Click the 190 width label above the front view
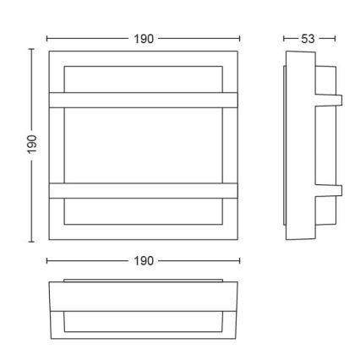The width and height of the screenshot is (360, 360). pyautogui.click(x=144, y=39)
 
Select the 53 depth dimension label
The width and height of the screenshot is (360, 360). pyautogui.click(x=310, y=39)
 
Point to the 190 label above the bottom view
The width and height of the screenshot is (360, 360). pyautogui.click(x=144, y=261)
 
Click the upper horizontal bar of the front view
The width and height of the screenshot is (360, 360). pyautogui.click(x=144, y=100)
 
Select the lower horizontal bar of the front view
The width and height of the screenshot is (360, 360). pyautogui.click(x=144, y=190)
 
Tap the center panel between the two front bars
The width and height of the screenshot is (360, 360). pyautogui.click(x=144, y=145)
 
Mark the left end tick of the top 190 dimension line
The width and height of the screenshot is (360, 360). pyautogui.click(x=47, y=39)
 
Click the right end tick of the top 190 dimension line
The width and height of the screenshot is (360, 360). pyautogui.click(x=240, y=39)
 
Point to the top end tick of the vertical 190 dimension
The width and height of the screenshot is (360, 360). pyautogui.click(x=32, y=50)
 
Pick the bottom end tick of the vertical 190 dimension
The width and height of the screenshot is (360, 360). pyautogui.click(x=32, y=242)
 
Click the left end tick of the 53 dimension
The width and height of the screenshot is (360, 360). pyautogui.click(x=284, y=39)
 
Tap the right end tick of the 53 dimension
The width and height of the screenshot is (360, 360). pyautogui.click(x=336, y=39)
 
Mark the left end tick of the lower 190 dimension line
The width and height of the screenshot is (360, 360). pyautogui.click(x=47, y=261)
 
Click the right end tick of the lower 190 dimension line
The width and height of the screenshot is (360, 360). pyautogui.click(x=240, y=261)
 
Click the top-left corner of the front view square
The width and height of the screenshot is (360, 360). pyautogui.click(x=48, y=51)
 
